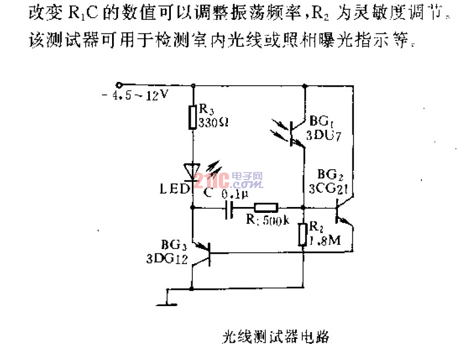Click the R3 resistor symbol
point(192,117)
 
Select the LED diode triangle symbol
point(193,171)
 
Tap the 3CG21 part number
point(329,188)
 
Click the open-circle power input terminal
point(119,85)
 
